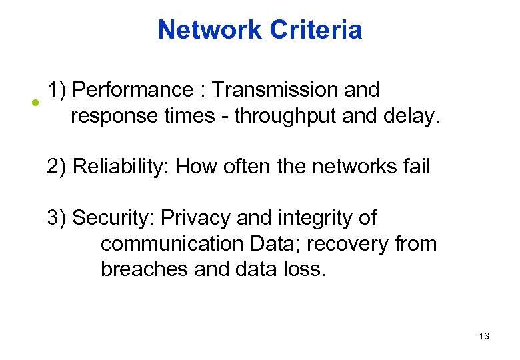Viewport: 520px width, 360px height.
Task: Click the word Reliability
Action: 121,166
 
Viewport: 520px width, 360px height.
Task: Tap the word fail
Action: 416,166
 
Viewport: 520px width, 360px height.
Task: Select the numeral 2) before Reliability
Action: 57,166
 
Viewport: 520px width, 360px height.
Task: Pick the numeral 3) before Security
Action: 57,218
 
